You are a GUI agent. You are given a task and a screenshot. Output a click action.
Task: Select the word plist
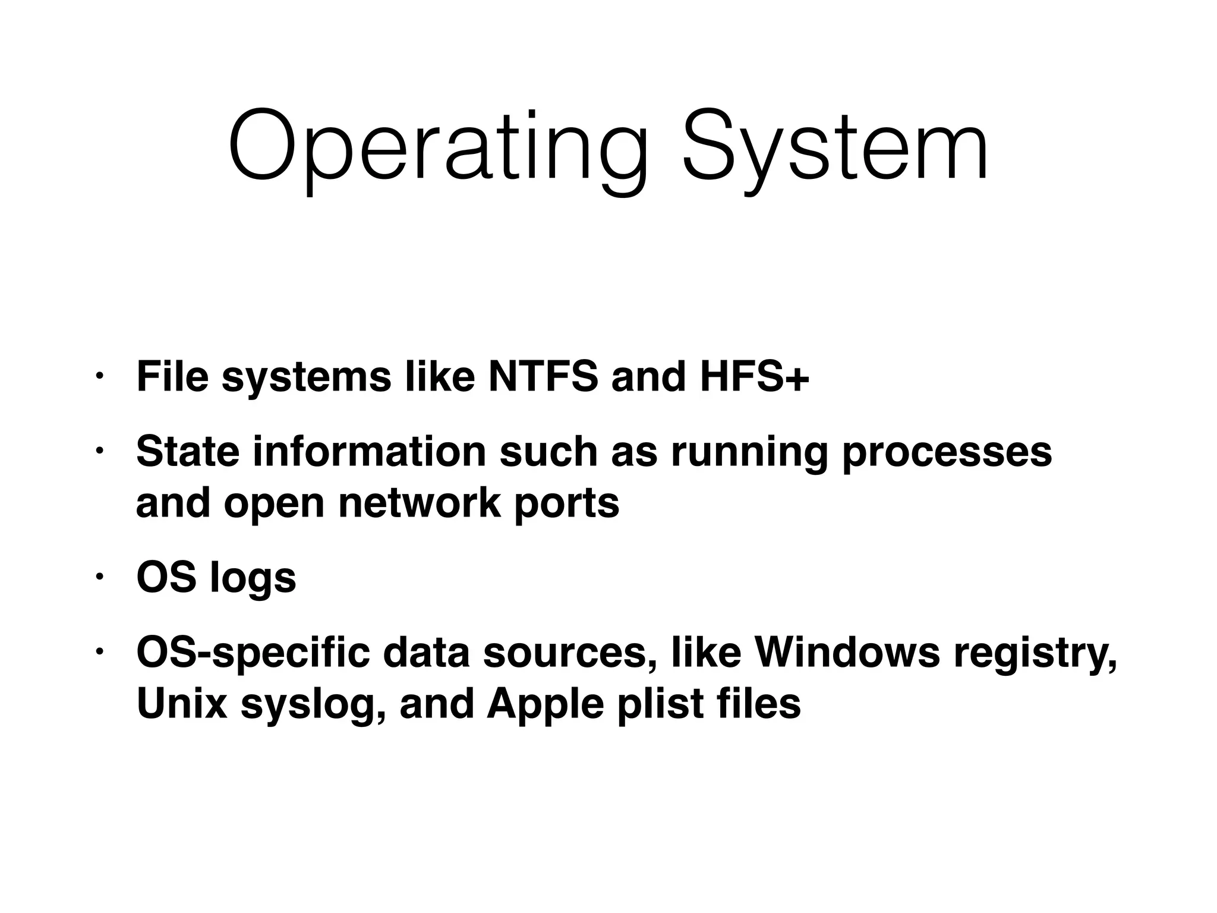point(661,704)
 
